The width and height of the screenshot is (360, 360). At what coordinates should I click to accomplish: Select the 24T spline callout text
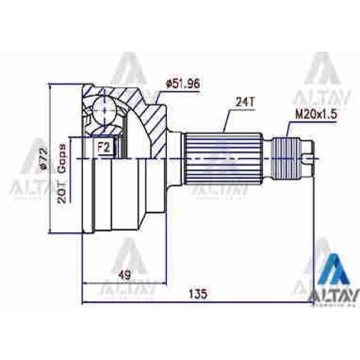[244, 103]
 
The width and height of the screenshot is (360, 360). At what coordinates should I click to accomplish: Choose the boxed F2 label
[104, 146]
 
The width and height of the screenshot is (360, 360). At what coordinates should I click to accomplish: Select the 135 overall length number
[197, 294]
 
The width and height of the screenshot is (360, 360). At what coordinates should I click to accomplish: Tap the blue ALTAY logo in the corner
[334, 282]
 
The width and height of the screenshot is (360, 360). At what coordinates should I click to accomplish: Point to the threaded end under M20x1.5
[287, 158]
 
